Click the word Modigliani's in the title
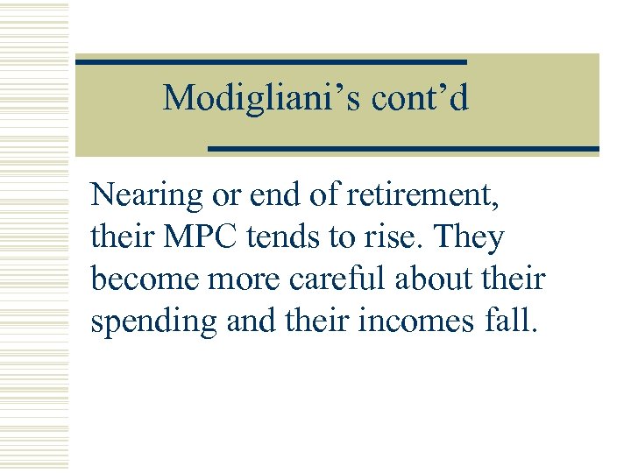click(262, 97)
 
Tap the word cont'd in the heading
click(420, 97)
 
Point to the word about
click(433, 279)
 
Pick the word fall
click(510, 321)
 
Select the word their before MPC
click(119, 236)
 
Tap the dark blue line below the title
click(403, 149)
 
